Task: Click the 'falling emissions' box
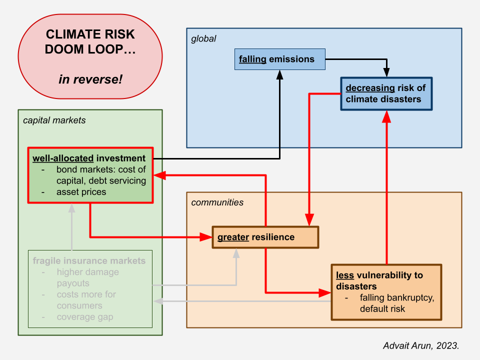(x=280, y=59)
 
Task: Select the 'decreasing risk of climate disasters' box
(x=386, y=93)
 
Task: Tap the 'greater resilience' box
(x=265, y=237)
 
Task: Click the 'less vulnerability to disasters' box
(x=386, y=292)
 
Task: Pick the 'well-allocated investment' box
(x=90, y=175)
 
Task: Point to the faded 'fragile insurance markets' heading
(x=89, y=261)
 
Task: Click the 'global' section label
(x=203, y=39)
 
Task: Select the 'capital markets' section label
(x=54, y=120)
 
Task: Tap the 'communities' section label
(x=217, y=202)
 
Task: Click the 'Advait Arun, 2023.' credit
(x=421, y=345)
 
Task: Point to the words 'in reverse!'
(x=90, y=79)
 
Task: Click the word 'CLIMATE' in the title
(x=72, y=34)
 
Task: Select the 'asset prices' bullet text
(x=81, y=192)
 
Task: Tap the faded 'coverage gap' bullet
(x=85, y=317)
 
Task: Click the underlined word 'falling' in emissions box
(x=252, y=59)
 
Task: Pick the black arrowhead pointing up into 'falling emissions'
(x=279, y=74)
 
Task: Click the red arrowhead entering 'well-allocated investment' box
(x=159, y=175)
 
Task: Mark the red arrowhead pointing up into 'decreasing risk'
(x=386, y=116)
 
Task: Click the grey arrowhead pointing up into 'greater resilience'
(x=236, y=253)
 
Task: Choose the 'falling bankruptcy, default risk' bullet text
(x=396, y=303)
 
